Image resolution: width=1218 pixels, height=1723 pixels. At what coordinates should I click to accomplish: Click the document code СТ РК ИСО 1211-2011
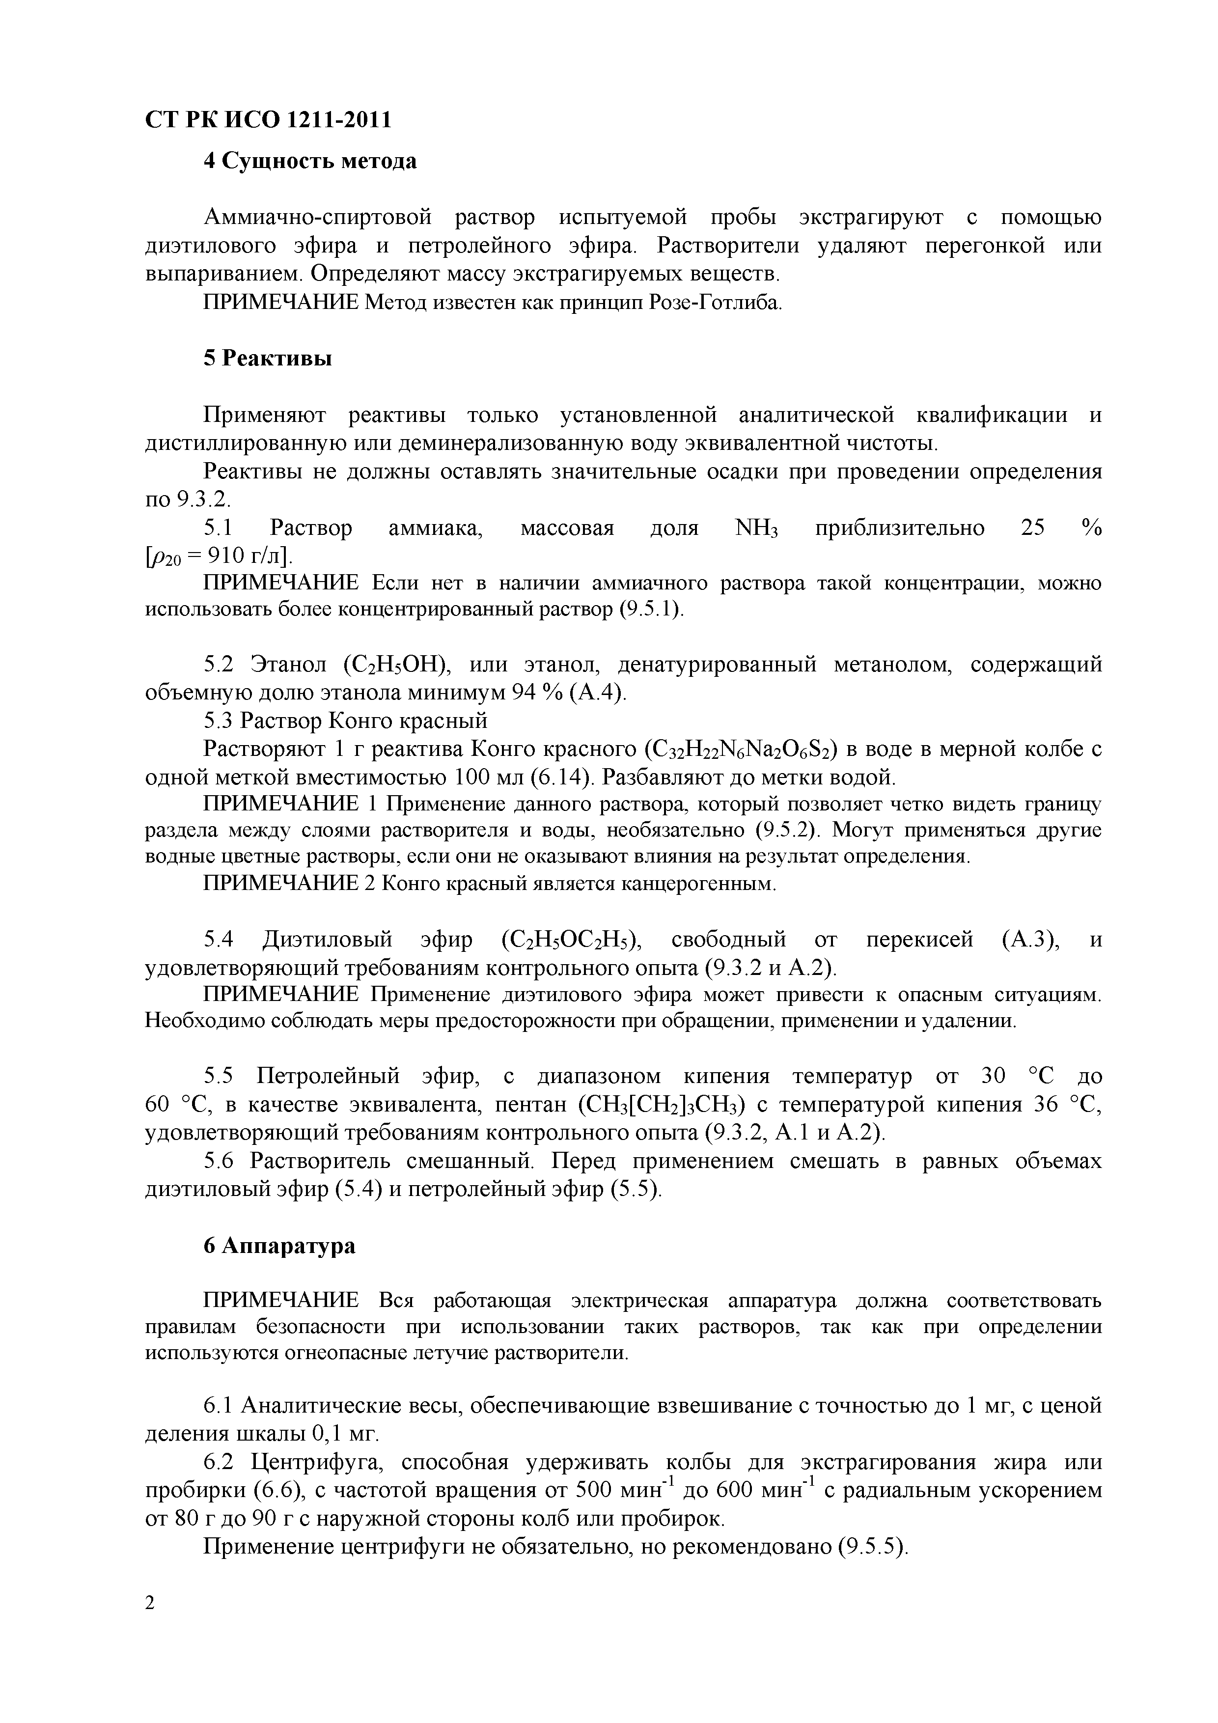268,120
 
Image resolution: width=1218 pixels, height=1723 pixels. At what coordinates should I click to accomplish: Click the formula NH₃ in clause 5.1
756,528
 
